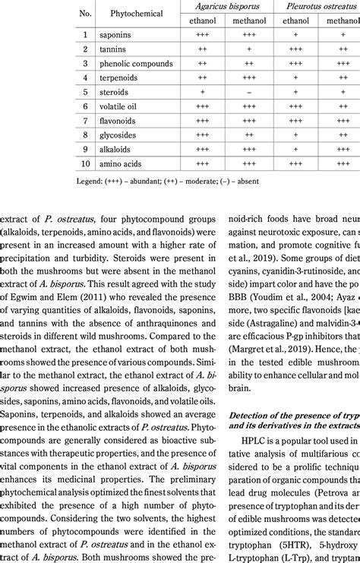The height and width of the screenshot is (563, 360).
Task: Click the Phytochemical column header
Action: tap(131, 14)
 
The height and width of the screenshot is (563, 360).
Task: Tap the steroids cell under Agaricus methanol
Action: tap(250, 93)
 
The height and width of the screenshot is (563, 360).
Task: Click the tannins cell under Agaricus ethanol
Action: tap(203, 49)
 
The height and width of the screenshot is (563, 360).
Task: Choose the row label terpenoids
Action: tap(121, 78)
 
